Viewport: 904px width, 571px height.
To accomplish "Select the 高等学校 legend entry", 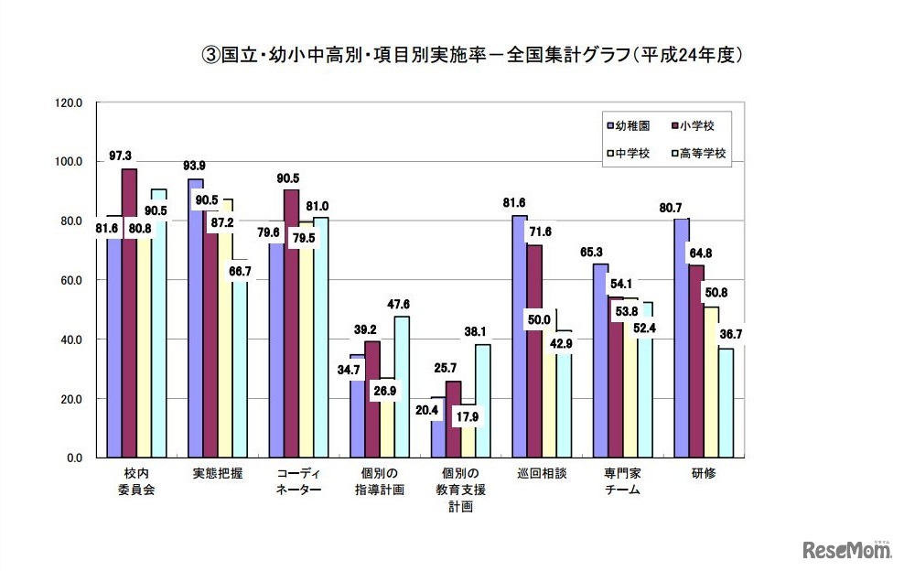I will [700, 154].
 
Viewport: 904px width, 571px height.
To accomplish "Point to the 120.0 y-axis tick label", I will [70, 103].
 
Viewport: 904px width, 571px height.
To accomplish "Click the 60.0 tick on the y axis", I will [72, 281].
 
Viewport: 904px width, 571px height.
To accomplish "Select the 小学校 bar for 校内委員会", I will [129, 311].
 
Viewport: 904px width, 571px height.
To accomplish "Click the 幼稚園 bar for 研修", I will [681, 339].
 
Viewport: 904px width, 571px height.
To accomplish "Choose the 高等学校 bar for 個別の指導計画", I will [402, 387].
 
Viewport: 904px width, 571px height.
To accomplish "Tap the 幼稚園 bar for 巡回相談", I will [519, 336].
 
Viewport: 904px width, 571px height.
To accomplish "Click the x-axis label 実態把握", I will [218, 475].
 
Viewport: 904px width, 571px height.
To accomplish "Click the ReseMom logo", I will [847, 550].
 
